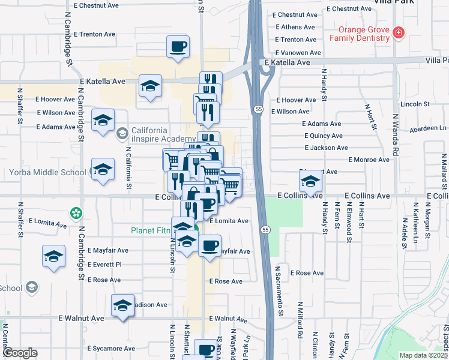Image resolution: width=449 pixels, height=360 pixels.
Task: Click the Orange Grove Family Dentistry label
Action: click(x=360, y=34)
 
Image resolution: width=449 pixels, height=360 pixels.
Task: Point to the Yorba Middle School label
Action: click(x=48, y=173)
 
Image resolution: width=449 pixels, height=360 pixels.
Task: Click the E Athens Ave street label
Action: click(x=293, y=27)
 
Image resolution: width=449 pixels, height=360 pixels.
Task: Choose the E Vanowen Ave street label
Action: click(x=298, y=53)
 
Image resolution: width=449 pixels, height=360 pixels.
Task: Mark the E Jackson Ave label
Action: click(x=326, y=148)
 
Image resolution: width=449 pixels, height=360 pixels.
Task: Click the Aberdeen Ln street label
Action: click(x=427, y=128)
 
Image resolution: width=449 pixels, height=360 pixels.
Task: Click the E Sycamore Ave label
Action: click(x=112, y=349)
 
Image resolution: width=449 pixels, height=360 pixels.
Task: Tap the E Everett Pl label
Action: click(x=104, y=265)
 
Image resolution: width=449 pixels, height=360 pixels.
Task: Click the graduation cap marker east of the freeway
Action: click(x=310, y=181)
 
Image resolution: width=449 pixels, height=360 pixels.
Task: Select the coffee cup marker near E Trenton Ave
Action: click(x=178, y=47)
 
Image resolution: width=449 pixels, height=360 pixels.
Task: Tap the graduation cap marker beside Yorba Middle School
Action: click(x=103, y=170)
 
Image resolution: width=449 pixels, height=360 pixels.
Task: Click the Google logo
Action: click(x=20, y=353)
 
